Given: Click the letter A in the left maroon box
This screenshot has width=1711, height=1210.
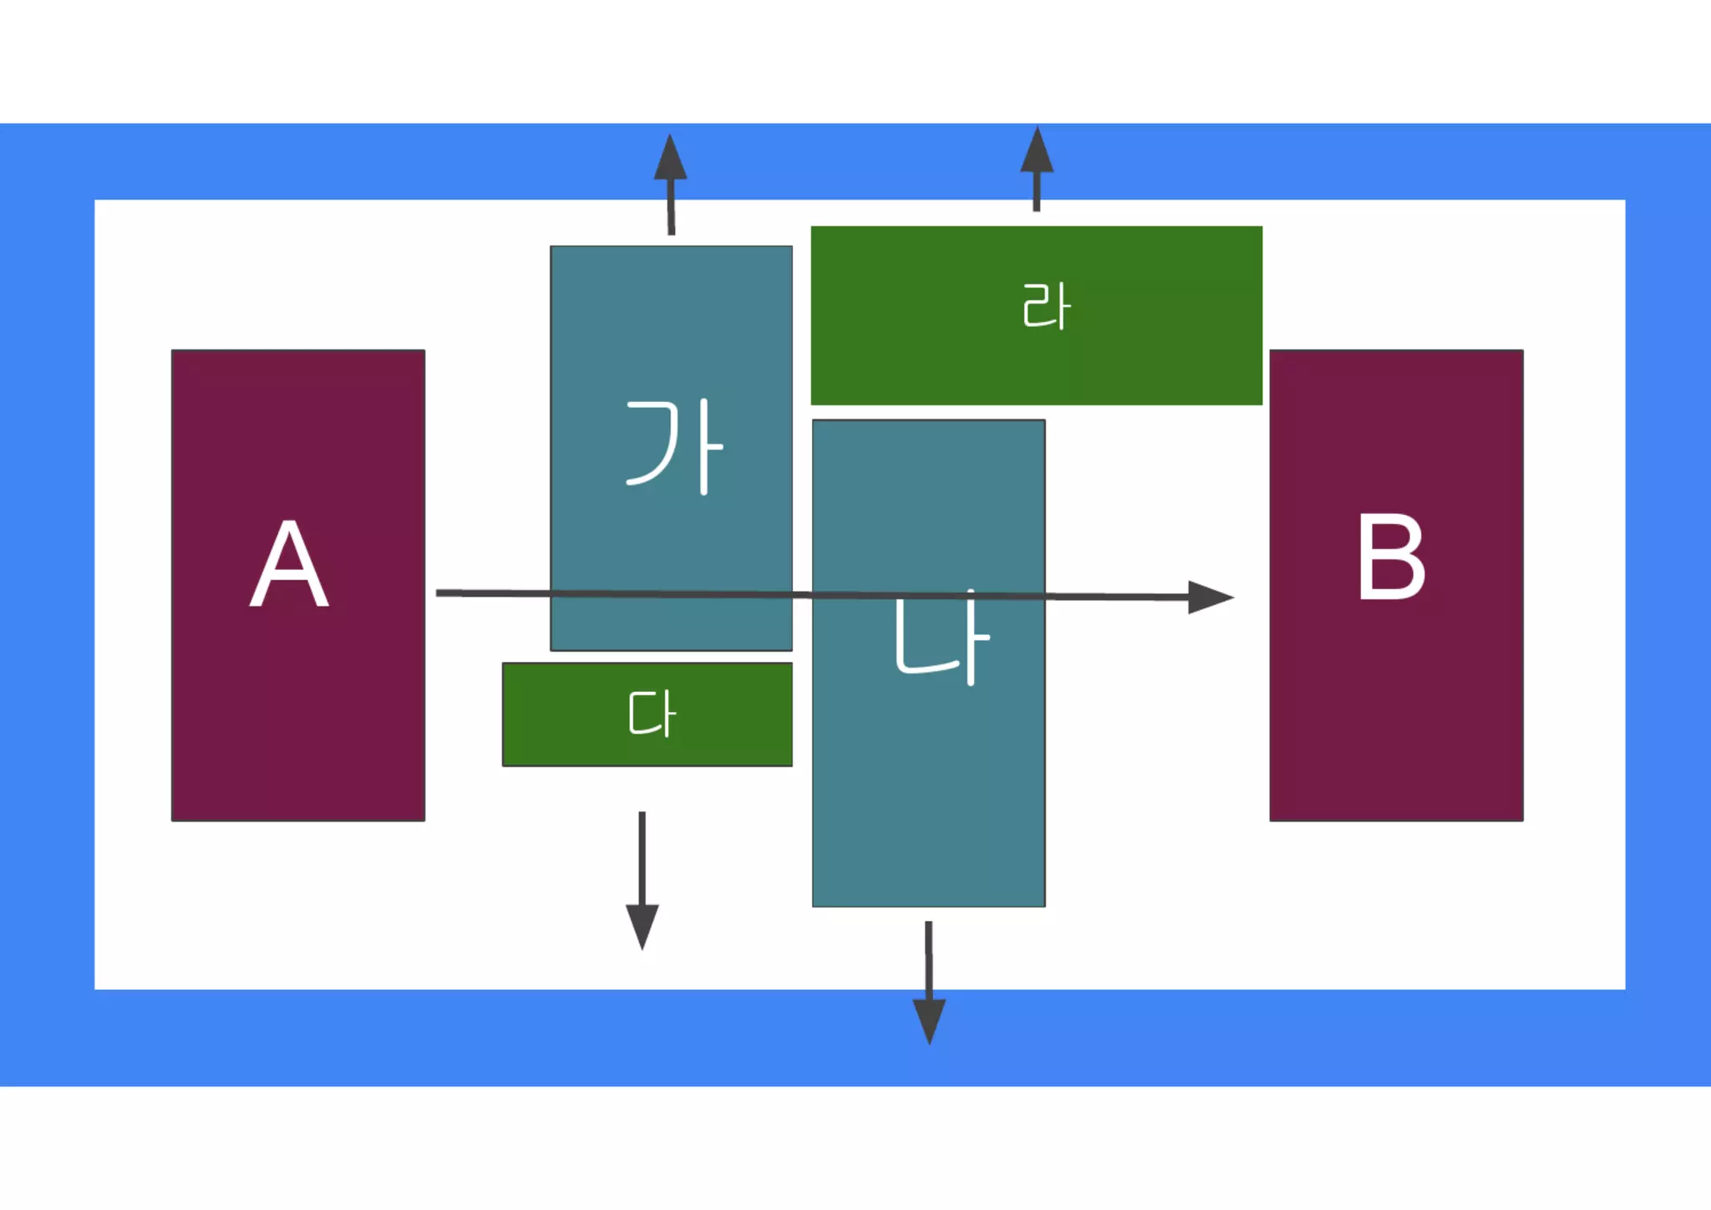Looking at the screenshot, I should point(289,564).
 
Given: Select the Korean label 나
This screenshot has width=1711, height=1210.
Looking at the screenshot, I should point(941,639).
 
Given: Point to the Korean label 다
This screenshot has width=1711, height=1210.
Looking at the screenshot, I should point(652,714).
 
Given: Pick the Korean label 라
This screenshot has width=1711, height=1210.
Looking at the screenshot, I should point(1046,307).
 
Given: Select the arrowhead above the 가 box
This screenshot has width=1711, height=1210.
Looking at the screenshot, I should point(670,159).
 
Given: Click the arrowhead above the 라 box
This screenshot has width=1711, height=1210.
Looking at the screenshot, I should point(1037,152).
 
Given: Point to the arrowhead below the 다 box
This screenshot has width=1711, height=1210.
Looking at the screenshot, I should point(642,926).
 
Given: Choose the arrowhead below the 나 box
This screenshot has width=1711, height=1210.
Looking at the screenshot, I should point(929,1020).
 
